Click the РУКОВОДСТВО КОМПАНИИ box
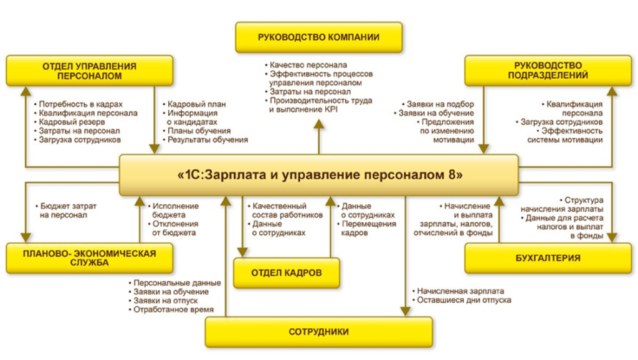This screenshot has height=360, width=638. (x=318, y=37)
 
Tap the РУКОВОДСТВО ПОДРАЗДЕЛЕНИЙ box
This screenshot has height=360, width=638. (x=548, y=70)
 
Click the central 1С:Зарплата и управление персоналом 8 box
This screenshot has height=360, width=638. (x=318, y=175)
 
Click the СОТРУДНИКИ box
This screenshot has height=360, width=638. (x=318, y=331)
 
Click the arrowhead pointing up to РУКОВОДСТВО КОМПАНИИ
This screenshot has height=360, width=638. (x=318, y=123)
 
